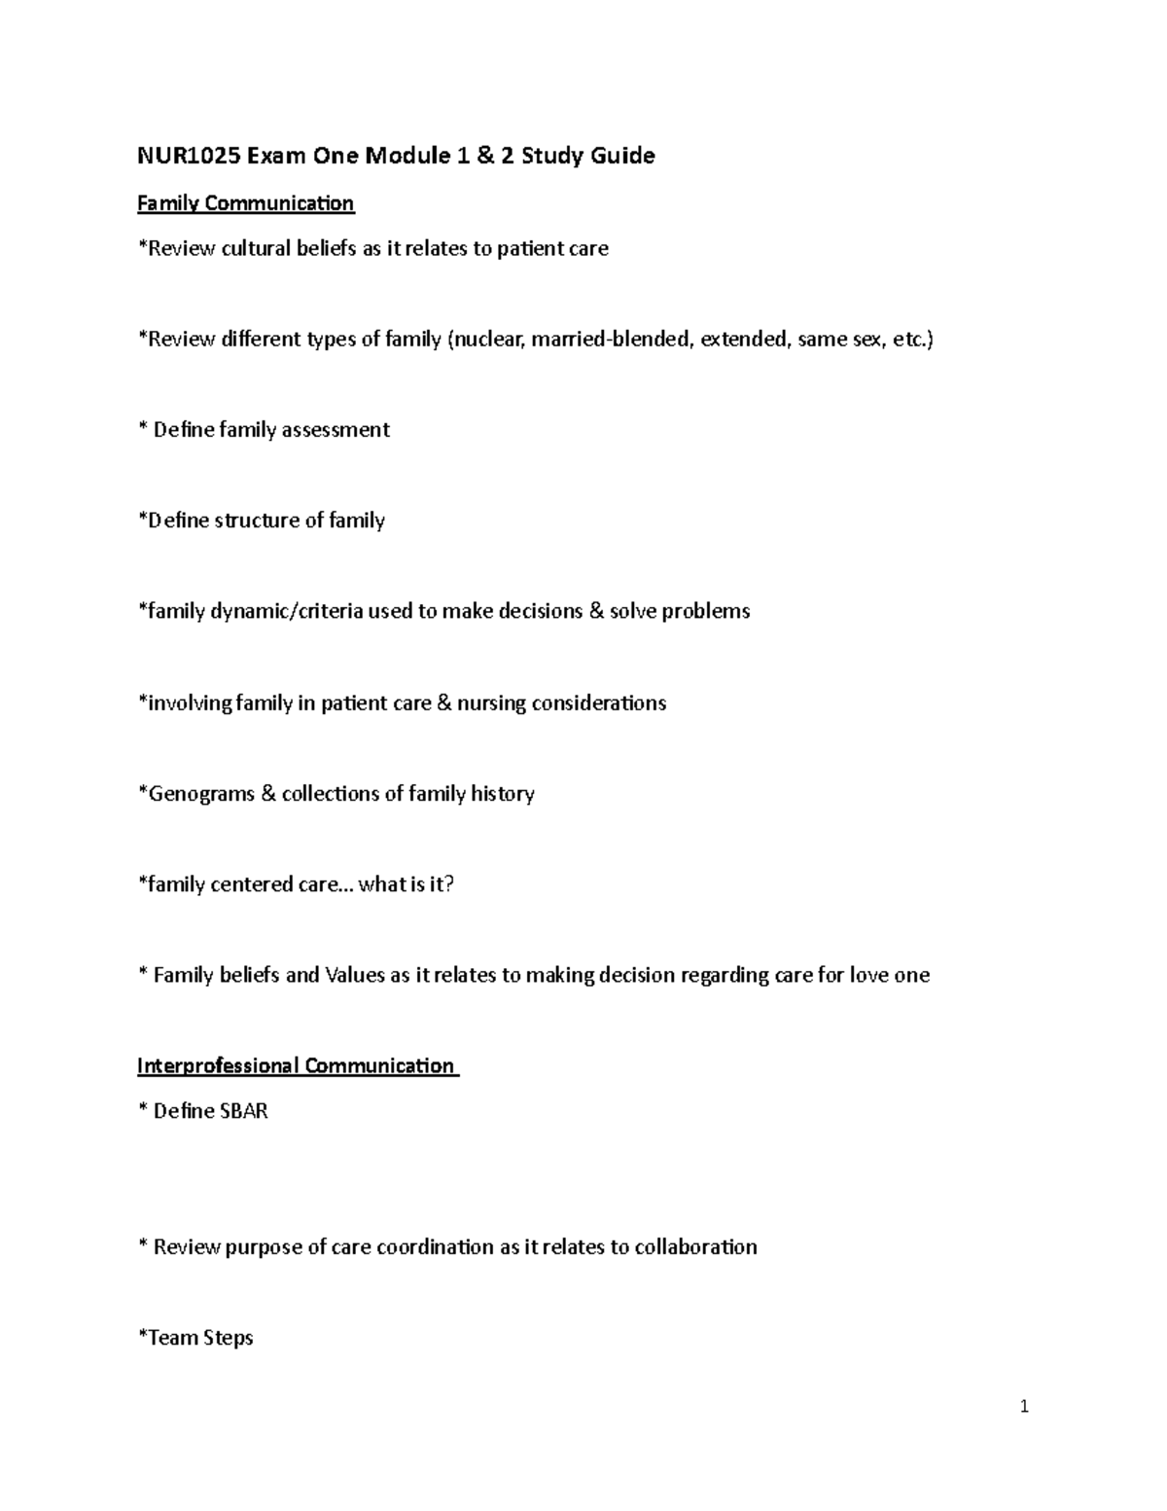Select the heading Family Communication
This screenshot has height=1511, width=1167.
click(245, 203)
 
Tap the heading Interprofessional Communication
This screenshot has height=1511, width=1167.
click(297, 1066)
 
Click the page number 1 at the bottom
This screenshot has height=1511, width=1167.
click(1024, 1406)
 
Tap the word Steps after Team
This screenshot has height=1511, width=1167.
click(229, 1338)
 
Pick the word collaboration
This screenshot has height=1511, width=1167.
click(695, 1247)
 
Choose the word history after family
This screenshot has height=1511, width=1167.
click(503, 794)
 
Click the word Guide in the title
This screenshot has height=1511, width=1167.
click(626, 156)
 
